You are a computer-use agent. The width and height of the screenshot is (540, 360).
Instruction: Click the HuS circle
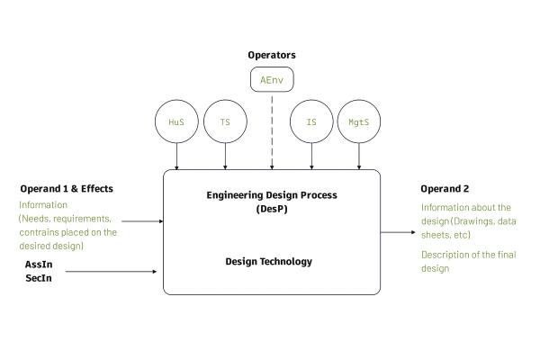(176, 121)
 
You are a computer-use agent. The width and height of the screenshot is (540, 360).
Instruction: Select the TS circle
(225, 121)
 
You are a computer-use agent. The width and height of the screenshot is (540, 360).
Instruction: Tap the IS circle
(311, 121)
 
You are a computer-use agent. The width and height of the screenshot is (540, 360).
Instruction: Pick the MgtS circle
(359, 121)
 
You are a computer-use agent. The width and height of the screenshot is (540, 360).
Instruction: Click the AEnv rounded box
(271, 80)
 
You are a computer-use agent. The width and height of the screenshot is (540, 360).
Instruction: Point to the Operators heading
(271, 55)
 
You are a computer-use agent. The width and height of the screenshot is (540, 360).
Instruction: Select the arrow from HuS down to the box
(176, 157)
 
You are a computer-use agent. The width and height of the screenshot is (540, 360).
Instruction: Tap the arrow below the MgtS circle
(359, 157)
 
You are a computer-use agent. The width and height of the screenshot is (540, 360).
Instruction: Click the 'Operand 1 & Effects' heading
(67, 189)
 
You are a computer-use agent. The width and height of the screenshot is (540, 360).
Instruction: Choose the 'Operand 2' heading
(445, 189)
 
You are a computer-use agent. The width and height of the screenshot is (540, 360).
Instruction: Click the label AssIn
(39, 265)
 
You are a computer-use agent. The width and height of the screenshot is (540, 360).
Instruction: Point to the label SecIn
(38, 279)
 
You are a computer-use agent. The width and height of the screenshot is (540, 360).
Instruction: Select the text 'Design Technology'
(270, 262)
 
